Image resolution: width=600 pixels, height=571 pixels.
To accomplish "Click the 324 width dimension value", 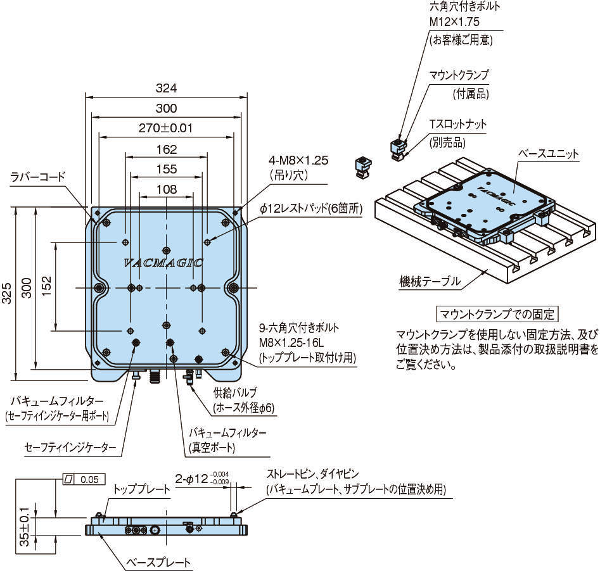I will click(x=166, y=87).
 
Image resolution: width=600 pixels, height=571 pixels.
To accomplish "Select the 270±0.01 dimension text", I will click(x=166, y=128).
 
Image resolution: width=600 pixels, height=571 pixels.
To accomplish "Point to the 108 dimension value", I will click(x=166, y=189).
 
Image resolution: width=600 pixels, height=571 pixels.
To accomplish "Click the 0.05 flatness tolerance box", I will click(x=89, y=479).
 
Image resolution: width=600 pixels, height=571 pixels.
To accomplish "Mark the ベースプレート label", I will click(x=158, y=562).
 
